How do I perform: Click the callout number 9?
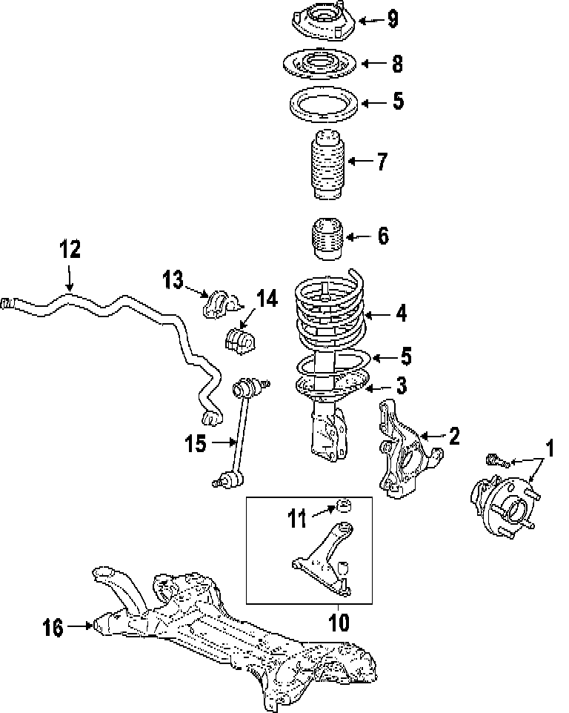click(x=393, y=19)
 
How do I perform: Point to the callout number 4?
click(x=401, y=314)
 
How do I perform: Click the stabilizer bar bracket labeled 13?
click(x=221, y=305)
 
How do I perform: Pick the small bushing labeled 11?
click(x=344, y=505)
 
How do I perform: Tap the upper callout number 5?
click(x=399, y=101)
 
